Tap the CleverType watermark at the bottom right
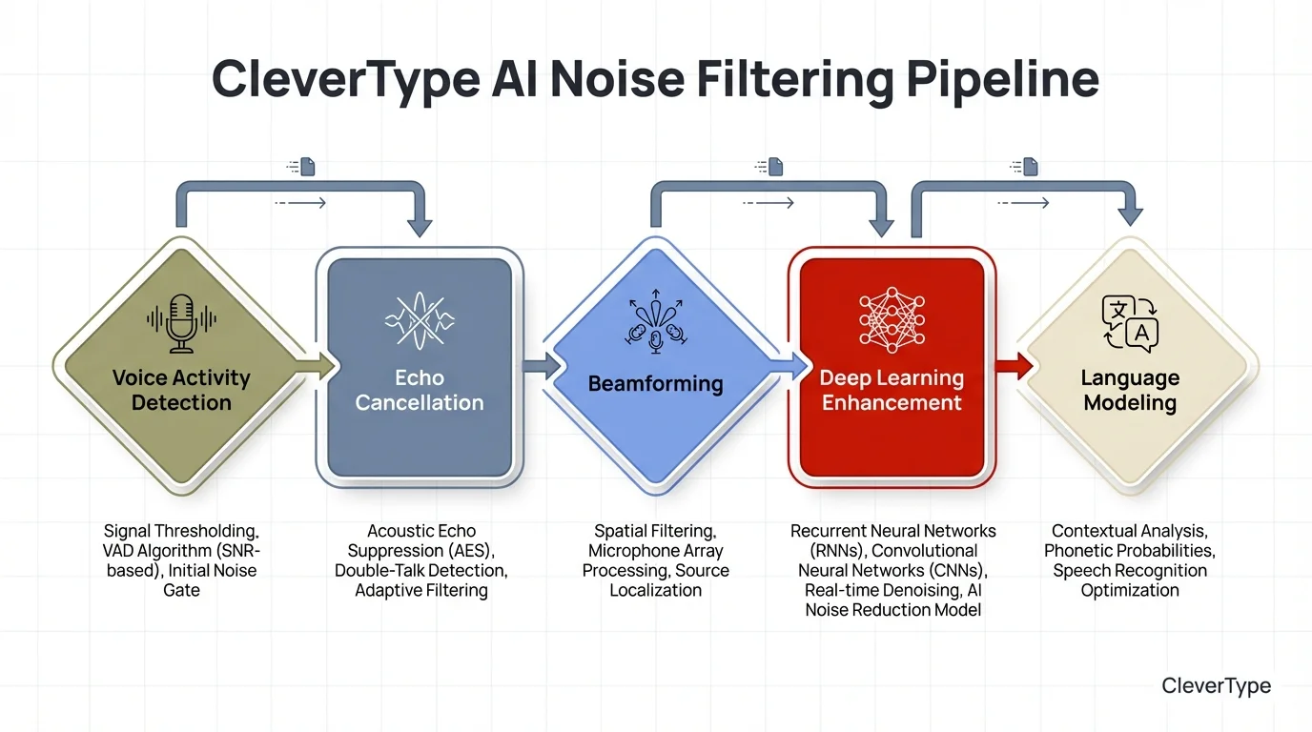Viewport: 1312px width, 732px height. pos(1216,685)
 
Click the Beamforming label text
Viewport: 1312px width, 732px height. pos(655,384)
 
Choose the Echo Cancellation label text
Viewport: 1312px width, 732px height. pos(420,390)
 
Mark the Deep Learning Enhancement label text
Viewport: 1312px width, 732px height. pos(892,390)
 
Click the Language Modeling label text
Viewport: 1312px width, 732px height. pos(1130,390)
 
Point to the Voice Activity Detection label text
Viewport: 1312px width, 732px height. pos(181,390)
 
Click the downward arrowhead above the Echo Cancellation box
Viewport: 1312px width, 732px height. pos(420,227)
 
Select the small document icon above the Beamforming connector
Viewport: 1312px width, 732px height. pos(775,167)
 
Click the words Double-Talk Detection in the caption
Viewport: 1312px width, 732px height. pos(420,571)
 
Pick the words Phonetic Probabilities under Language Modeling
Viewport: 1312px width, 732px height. pos(1130,551)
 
